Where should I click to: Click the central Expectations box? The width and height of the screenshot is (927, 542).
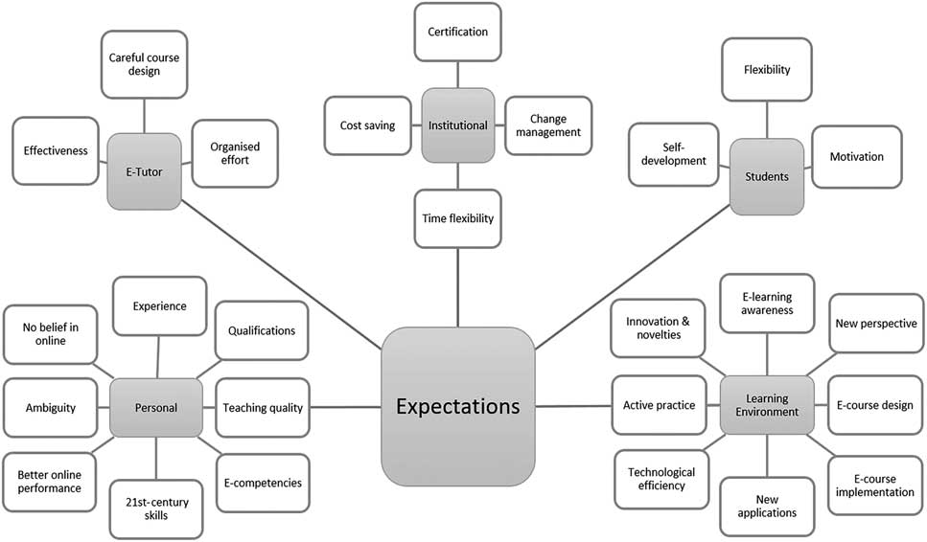tap(458, 406)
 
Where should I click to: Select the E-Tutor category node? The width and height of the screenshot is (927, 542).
tap(144, 170)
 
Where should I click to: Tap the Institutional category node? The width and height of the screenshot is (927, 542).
tap(457, 124)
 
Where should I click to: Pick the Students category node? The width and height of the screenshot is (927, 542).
tap(766, 176)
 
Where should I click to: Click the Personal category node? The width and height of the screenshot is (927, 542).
tap(156, 408)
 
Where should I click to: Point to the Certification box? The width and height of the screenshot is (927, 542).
tap(457, 33)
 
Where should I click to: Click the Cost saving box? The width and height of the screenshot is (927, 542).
tap(367, 125)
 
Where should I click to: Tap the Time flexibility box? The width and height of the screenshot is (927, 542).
tap(457, 218)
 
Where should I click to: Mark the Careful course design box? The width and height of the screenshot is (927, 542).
tap(144, 65)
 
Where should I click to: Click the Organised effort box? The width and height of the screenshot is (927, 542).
tap(235, 153)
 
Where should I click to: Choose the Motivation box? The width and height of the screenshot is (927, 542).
tap(857, 156)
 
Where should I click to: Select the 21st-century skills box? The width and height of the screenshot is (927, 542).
tap(156, 507)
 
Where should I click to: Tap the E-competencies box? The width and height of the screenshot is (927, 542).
tap(263, 483)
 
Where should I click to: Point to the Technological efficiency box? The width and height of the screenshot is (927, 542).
tap(661, 480)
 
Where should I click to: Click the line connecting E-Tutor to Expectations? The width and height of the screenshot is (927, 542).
tap(283, 268)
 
